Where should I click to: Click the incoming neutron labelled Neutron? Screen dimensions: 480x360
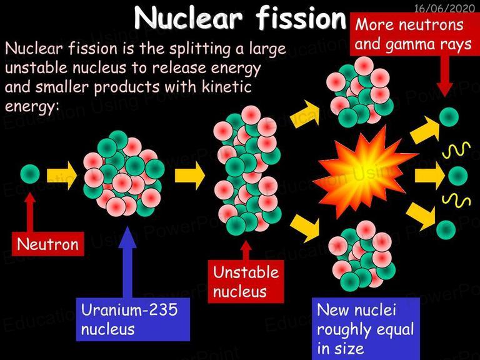click(x=30, y=174)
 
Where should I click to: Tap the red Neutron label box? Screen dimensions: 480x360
click(x=47, y=244)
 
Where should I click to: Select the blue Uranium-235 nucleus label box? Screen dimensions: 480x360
click(x=133, y=319)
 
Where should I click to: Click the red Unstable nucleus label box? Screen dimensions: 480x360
click(x=246, y=281)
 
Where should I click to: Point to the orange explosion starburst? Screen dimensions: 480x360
click(x=364, y=173)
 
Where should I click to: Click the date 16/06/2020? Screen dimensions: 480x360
click(x=444, y=8)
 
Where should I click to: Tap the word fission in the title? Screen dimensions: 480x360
click(x=301, y=17)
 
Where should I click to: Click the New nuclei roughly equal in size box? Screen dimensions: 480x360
click(x=366, y=329)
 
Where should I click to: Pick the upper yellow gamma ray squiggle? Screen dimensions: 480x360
click(x=456, y=150)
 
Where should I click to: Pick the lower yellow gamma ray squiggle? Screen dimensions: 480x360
click(x=456, y=201)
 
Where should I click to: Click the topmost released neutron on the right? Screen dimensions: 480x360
click(x=449, y=117)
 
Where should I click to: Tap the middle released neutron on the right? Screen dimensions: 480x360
click(x=458, y=176)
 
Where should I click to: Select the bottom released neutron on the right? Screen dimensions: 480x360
click(x=446, y=230)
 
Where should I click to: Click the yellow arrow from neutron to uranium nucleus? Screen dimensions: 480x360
click(x=62, y=176)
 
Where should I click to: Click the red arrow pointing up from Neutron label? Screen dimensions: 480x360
click(x=30, y=212)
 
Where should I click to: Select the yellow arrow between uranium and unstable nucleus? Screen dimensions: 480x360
click(x=190, y=176)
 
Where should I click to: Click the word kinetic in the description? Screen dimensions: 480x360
click(x=226, y=87)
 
